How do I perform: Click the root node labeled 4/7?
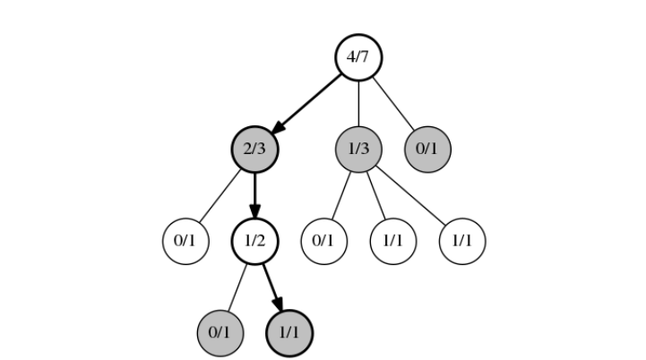[x=358, y=57]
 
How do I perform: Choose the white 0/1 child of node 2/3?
[x=185, y=241]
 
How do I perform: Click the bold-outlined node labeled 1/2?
[x=254, y=241]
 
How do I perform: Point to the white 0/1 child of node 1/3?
[x=323, y=241]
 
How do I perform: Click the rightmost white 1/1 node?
[x=462, y=241]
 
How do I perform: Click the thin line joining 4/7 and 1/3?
[x=358, y=103]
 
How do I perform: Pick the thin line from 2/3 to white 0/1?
[x=220, y=195]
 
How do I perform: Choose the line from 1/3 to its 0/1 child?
[x=340, y=195]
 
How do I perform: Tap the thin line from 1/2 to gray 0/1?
[x=237, y=287]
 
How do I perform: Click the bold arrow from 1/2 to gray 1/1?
[x=271, y=285]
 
